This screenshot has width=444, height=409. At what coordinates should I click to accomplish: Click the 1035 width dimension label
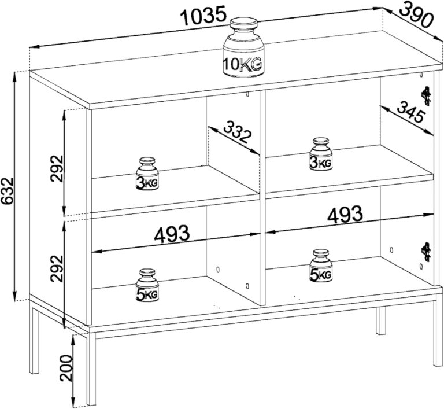click(203, 16)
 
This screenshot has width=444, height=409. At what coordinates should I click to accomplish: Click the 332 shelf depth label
click(238, 132)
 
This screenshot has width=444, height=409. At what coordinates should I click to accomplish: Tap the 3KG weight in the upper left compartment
click(147, 174)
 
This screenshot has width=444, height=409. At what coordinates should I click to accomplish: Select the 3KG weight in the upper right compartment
click(321, 154)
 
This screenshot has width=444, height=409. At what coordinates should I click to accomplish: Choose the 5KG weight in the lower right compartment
click(321, 266)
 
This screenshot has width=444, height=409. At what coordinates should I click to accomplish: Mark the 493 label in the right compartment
click(345, 214)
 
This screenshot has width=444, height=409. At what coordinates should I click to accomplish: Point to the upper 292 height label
click(57, 168)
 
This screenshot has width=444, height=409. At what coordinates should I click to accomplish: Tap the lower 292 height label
click(57, 268)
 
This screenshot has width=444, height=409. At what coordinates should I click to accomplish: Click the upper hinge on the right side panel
click(425, 97)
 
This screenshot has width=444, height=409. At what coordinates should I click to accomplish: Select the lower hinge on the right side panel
click(425, 252)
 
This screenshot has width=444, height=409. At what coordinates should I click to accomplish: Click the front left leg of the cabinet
click(91, 369)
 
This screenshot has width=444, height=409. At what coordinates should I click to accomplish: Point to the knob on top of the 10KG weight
click(243, 26)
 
